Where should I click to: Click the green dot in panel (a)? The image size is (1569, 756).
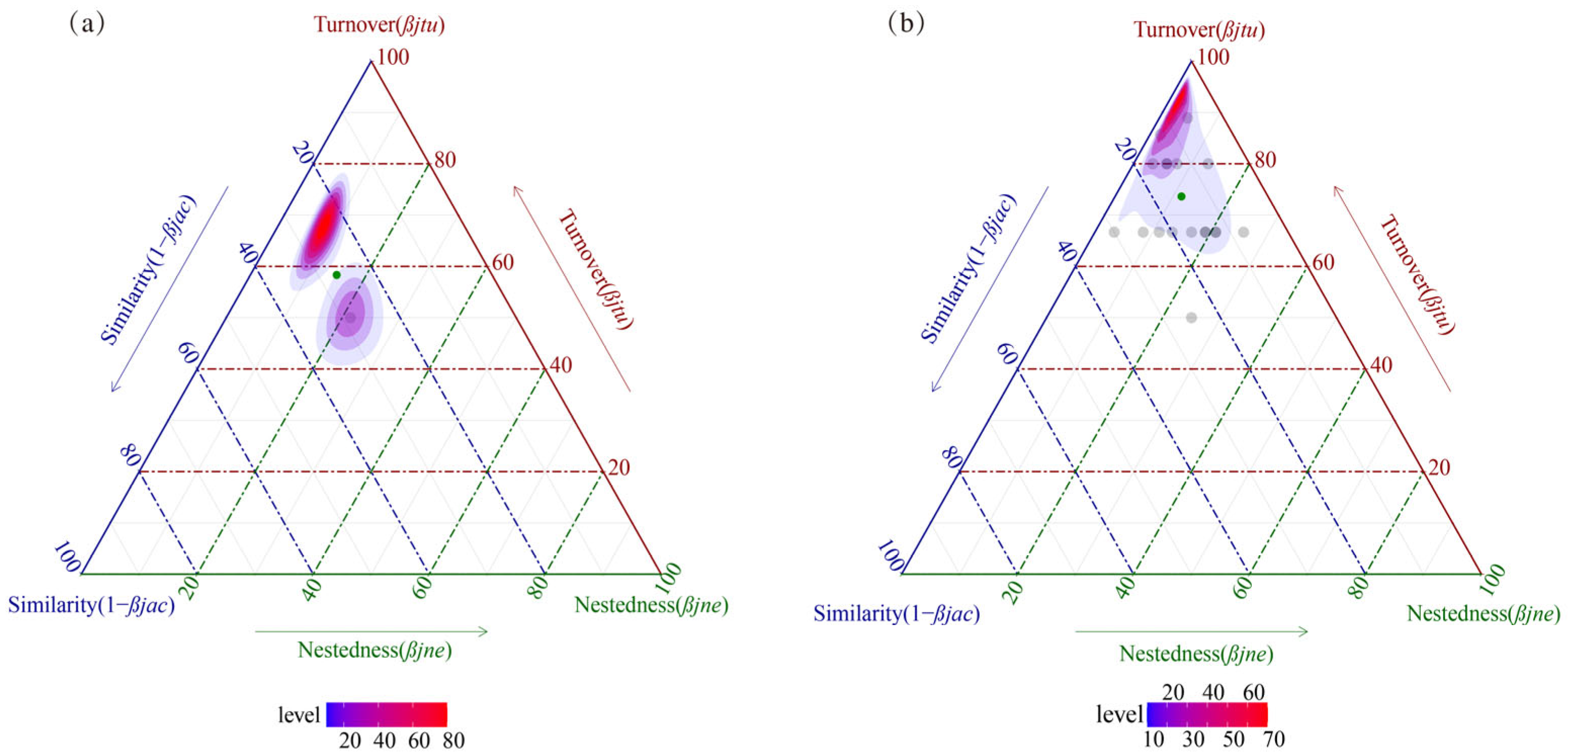[337, 275]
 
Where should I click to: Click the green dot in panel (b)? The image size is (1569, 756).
[1182, 196]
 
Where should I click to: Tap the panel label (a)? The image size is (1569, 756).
[87, 24]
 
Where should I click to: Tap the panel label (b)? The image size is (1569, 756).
[906, 24]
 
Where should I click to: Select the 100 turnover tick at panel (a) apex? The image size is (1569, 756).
[393, 58]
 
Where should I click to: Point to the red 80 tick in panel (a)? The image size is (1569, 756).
[445, 160]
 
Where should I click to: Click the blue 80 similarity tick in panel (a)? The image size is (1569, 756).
[129, 455]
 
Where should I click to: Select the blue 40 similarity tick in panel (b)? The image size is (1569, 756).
[1065, 250]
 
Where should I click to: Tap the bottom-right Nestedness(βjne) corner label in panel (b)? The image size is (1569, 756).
[1484, 613]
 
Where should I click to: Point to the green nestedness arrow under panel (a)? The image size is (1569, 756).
[372, 632]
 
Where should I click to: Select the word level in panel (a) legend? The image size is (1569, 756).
[298, 715]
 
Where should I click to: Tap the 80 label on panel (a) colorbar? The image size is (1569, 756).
[454, 740]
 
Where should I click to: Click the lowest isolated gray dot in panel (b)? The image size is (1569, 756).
[1191, 318]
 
